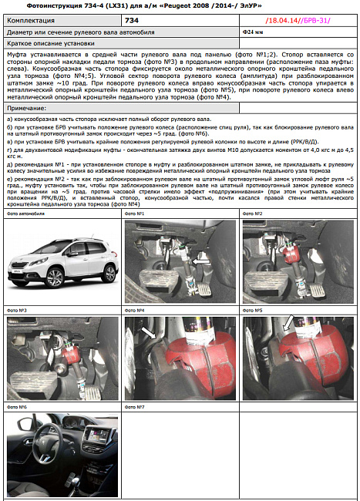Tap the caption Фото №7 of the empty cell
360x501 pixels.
click(135, 407)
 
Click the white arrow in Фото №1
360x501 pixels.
click(201, 263)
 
